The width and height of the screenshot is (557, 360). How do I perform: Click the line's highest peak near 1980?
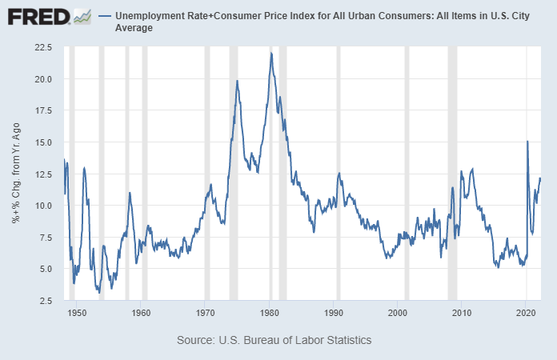(271, 53)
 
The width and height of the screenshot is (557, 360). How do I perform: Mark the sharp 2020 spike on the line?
(527, 142)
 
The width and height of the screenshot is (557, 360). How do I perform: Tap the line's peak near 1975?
(237, 81)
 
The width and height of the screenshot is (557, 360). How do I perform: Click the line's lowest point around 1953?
(99, 293)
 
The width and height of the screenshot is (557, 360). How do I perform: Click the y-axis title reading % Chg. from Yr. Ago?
(16, 174)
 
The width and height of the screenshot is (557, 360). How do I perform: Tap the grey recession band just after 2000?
(407, 173)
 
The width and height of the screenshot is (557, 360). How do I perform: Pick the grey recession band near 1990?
(338, 173)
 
